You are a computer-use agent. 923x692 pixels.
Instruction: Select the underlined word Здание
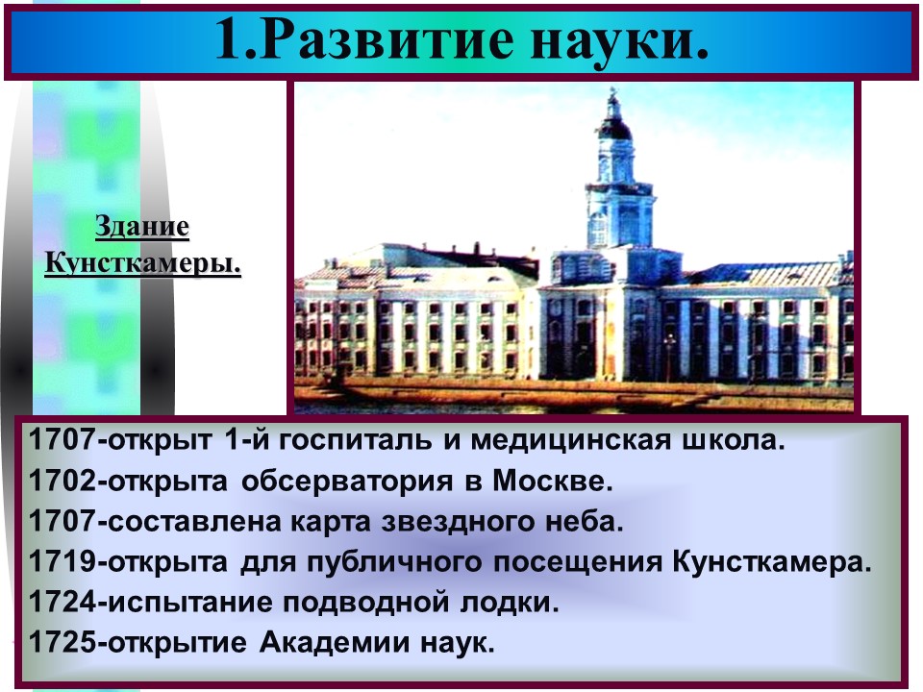click(142, 229)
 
